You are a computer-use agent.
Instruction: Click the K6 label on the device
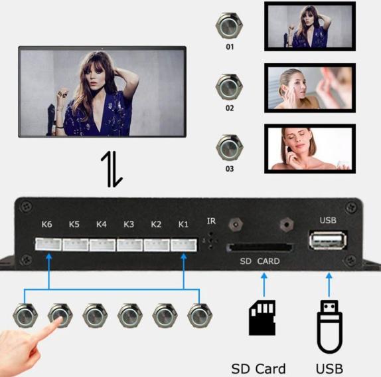pyautogui.click(x=46, y=224)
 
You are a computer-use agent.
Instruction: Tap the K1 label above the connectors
pyautogui.click(x=183, y=224)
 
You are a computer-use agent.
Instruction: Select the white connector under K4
pyautogui.click(x=102, y=245)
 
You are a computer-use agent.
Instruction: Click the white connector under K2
pyautogui.click(x=157, y=245)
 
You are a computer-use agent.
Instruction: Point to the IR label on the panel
pyautogui.click(x=211, y=221)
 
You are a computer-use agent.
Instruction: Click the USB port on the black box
pyautogui.click(x=328, y=241)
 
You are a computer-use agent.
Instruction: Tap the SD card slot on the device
pyautogui.click(x=260, y=247)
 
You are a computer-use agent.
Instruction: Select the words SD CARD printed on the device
pyautogui.click(x=260, y=261)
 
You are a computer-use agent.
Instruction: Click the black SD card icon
pyautogui.click(x=262, y=318)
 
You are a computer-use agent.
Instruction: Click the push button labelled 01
pyautogui.click(x=229, y=26)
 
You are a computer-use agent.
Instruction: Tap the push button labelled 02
pyautogui.click(x=229, y=86)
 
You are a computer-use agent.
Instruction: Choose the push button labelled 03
pyautogui.click(x=230, y=147)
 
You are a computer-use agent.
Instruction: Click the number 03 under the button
pyautogui.click(x=230, y=169)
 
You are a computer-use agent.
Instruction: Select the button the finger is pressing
pyautogui.click(x=60, y=316)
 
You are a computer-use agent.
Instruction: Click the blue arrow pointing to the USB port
pyautogui.click(x=329, y=285)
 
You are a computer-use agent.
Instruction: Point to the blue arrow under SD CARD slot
pyautogui.click(x=264, y=285)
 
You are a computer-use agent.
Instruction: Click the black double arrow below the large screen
pyautogui.click(x=112, y=170)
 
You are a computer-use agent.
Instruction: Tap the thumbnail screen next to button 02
pyautogui.click(x=310, y=88)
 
